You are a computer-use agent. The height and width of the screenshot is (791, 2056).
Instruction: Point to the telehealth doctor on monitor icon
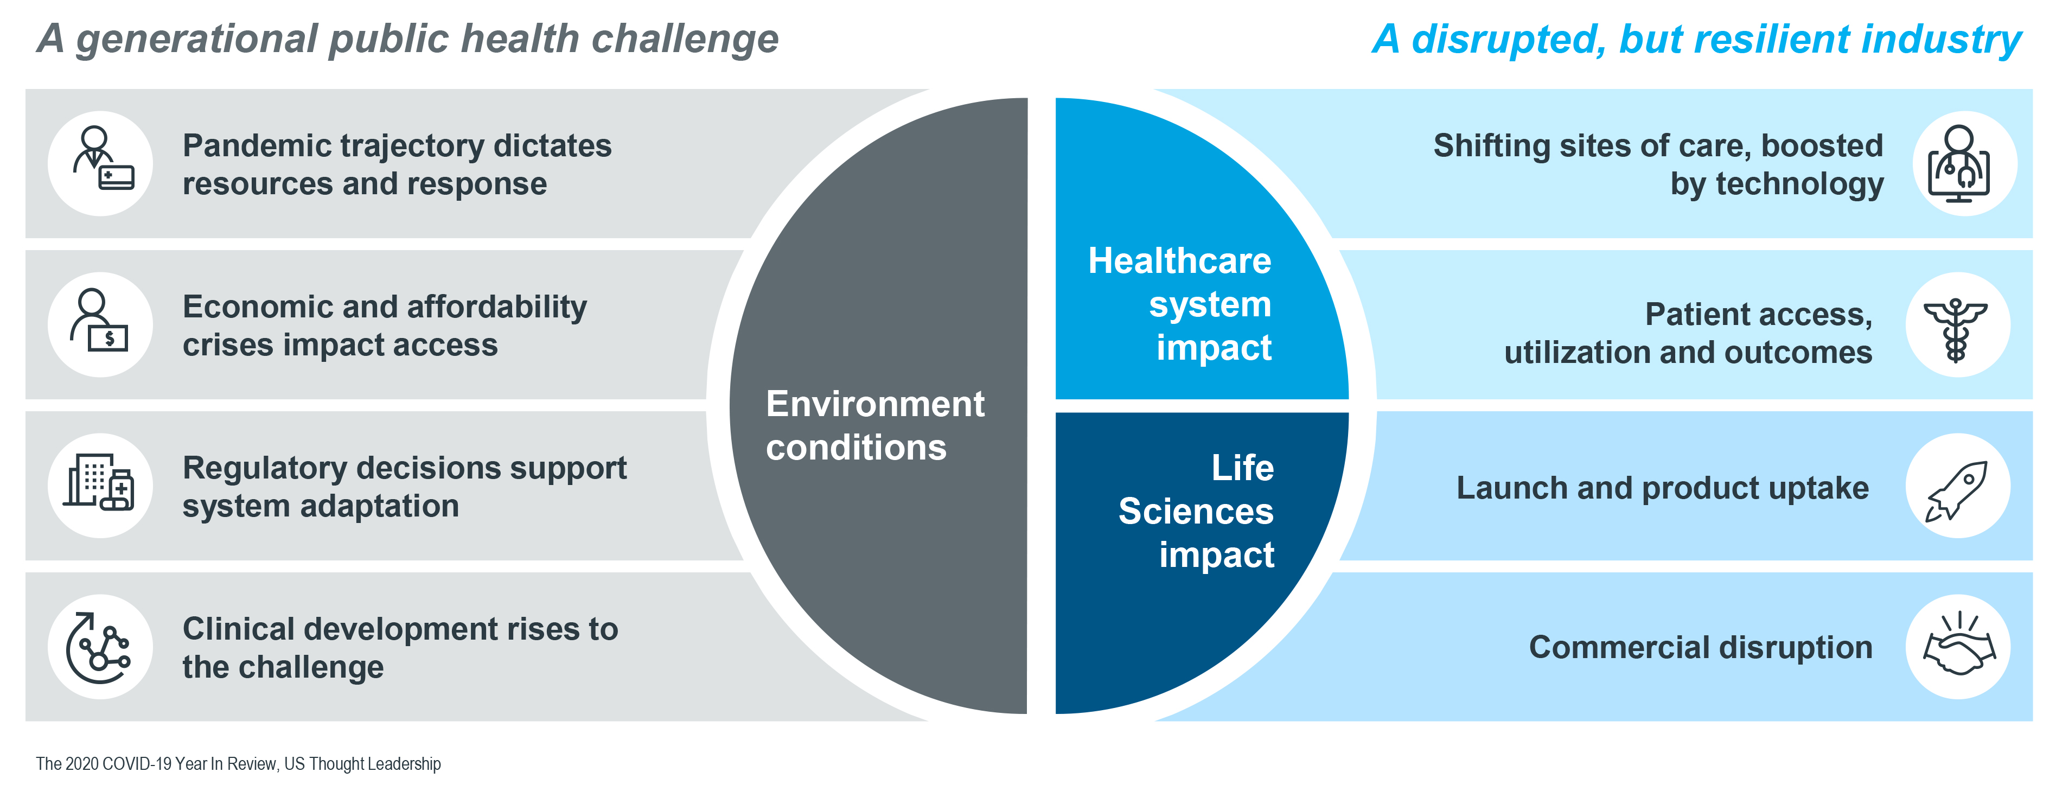pos(1959,164)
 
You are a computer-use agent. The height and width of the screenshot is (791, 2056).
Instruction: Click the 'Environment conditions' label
pos(875,425)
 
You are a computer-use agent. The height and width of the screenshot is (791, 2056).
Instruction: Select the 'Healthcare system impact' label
pos(1180,304)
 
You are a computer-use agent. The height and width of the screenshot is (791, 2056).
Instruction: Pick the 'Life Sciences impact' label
pos(1196,511)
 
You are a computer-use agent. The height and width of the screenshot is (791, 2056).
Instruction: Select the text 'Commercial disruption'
pos(1701,647)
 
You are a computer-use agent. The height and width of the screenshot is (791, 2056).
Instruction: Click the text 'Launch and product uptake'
pos(1663,488)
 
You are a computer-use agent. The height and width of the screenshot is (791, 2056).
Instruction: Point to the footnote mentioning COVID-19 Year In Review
pos(238,764)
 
